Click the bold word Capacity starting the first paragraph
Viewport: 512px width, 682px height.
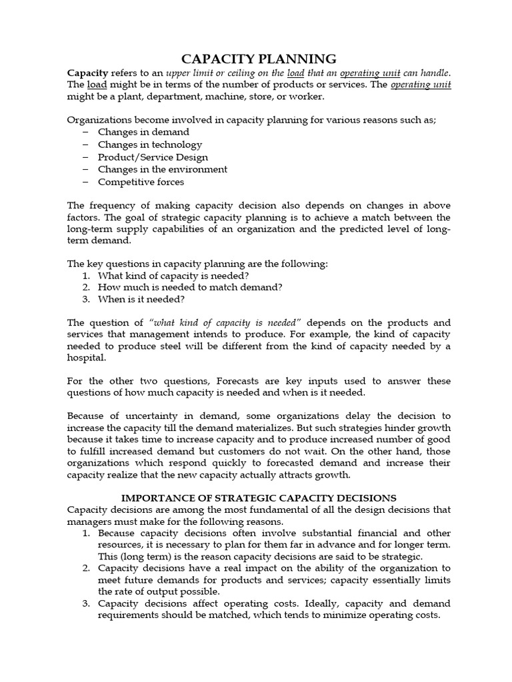coord(88,72)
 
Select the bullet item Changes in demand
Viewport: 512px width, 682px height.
coord(143,132)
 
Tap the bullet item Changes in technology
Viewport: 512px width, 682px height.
coord(150,145)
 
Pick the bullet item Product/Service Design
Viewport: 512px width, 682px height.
coord(153,157)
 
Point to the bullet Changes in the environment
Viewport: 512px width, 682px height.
coord(162,169)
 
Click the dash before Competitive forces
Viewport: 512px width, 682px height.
coord(85,182)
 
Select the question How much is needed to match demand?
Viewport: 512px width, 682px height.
coord(190,287)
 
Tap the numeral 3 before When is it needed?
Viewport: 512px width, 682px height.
coord(86,300)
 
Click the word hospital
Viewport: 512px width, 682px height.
coord(87,358)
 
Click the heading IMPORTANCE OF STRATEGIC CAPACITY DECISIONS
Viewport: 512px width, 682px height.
coord(258,498)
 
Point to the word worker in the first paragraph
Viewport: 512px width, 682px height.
coord(306,97)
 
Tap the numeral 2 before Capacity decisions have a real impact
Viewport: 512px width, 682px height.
coord(86,568)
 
